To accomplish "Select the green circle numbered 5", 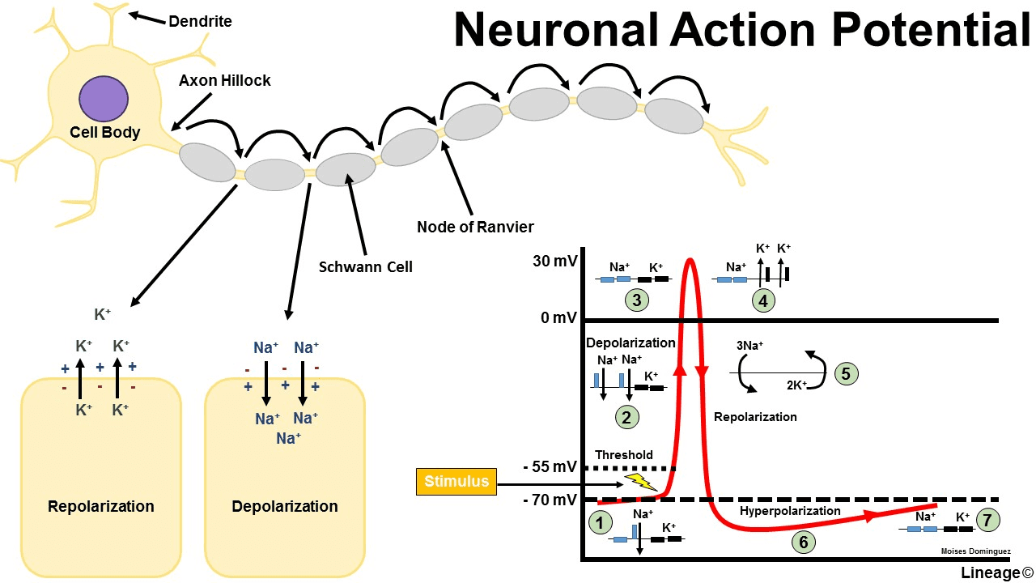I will coord(845,373).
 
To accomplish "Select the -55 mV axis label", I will coord(550,468).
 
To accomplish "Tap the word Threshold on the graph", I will coord(624,455).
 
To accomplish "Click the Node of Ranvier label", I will coord(475,227).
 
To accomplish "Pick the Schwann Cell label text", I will coord(366,266).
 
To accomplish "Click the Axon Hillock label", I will coord(225,80).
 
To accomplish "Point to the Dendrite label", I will coord(200,21).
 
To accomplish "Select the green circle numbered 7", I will coord(988,519).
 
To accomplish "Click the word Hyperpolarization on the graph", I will coord(790,511).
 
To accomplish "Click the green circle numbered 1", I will coord(601,522).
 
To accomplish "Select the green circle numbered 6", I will coord(803,542).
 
